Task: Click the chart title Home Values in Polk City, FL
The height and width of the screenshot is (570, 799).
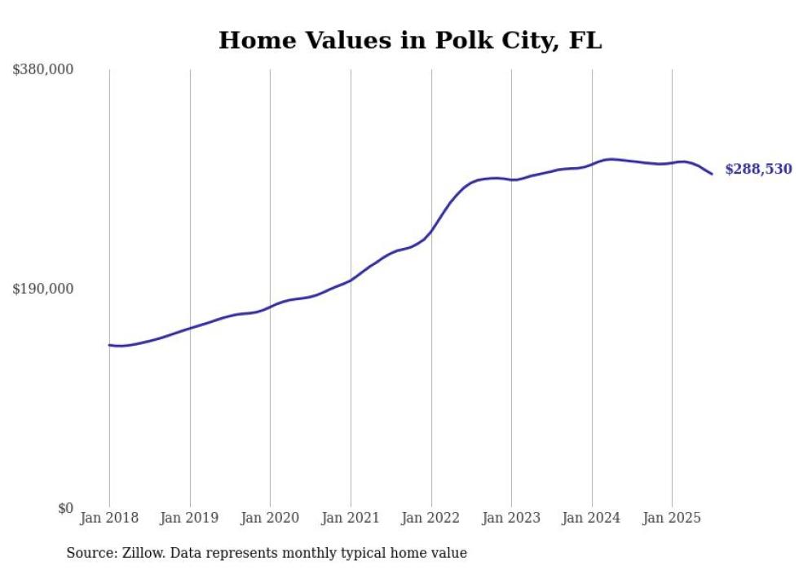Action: tap(410, 40)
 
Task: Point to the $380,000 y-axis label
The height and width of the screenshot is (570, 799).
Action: tap(43, 69)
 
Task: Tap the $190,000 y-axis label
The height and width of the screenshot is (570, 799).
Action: tap(43, 289)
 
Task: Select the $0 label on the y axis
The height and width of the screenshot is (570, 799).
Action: tap(65, 508)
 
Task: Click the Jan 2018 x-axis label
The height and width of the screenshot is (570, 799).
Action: tap(109, 518)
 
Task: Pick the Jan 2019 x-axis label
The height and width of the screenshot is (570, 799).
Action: tap(190, 518)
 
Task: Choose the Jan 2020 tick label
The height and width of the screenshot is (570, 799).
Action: tap(270, 518)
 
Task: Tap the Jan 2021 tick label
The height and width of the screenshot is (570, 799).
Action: tap(351, 518)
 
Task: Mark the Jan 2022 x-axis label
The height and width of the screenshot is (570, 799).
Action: tap(430, 518)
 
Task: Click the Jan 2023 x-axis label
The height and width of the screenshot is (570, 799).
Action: tap(511, 518)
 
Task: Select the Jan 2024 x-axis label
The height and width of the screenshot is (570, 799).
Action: tap(592, 518)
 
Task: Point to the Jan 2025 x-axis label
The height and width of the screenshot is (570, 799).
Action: tap(672, 518)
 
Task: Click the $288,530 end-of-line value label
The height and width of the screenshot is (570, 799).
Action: tap(758, 170)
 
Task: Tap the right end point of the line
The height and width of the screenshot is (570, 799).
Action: tap(712, 174)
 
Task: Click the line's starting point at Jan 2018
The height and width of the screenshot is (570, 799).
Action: tap(109, 345)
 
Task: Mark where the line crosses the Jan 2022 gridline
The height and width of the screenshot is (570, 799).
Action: tap(430, 231)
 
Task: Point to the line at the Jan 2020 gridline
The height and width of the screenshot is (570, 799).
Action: tap(270, 307)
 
